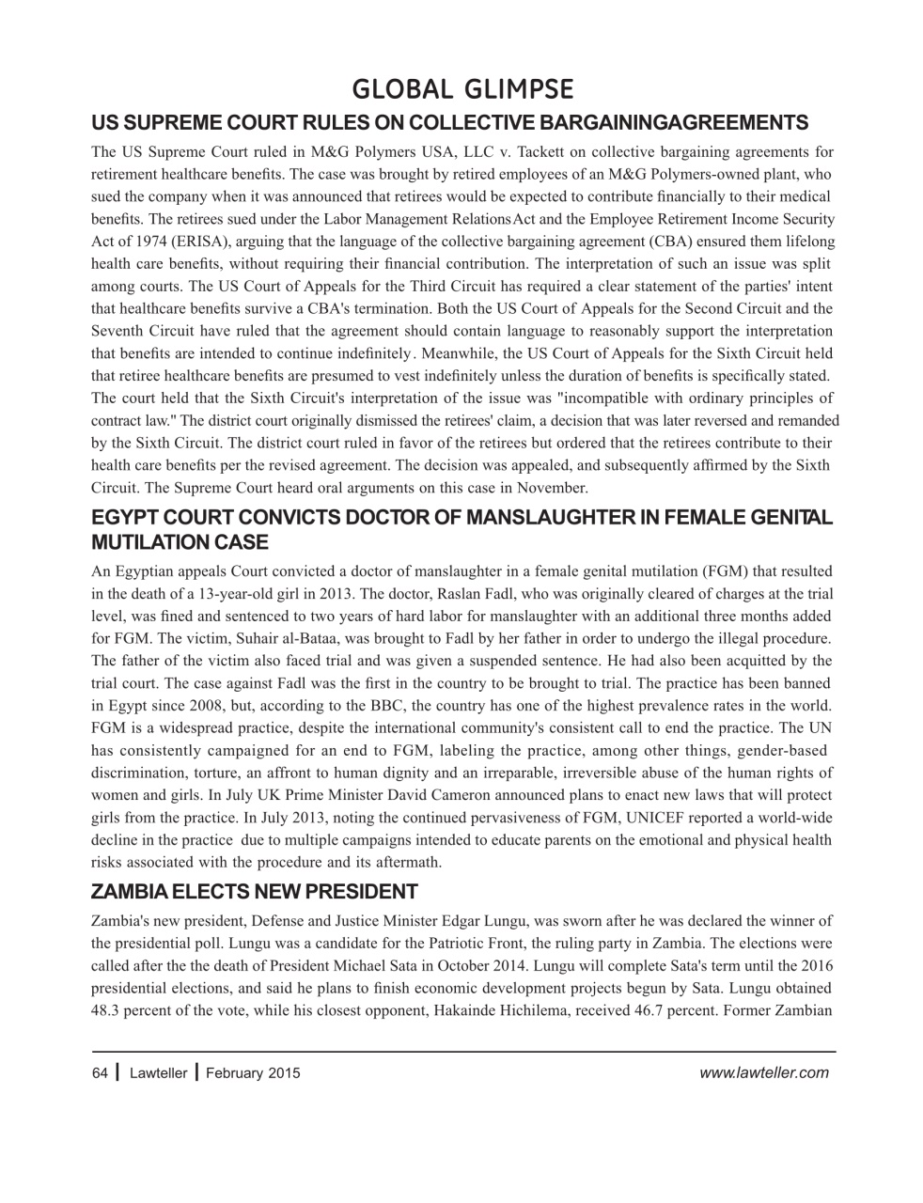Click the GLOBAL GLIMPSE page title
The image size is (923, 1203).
point(461,89)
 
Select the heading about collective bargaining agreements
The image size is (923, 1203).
point(449,122)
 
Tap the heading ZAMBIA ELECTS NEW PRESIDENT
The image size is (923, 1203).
point(254,891)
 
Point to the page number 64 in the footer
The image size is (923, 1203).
point(100,1072)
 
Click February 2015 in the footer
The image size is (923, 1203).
point(253,1072)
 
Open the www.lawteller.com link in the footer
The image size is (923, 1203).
point(764,1072)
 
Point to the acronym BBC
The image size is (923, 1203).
point(393,705)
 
